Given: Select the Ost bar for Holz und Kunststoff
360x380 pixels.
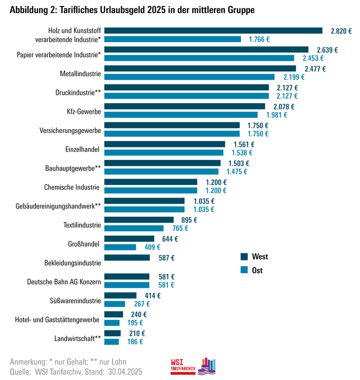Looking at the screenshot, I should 172,39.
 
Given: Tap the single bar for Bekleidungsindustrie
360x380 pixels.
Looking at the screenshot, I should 127,258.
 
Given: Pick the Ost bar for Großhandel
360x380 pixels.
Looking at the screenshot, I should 120,247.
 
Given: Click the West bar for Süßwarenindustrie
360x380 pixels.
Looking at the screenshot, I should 120,296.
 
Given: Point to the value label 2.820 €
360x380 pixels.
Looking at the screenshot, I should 341,31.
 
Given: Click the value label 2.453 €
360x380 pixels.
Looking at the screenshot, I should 313,58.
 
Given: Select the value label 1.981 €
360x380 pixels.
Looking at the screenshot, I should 277,115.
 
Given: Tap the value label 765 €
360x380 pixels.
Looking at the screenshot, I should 180,228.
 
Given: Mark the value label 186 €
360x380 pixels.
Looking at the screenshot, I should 135,342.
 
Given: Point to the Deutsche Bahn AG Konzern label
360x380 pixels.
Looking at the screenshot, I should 64,282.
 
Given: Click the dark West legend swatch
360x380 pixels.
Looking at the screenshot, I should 244,257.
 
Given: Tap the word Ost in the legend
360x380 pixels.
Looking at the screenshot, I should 257,270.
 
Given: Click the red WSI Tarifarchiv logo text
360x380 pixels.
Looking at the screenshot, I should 183,366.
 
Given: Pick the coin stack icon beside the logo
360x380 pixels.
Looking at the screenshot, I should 207,365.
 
